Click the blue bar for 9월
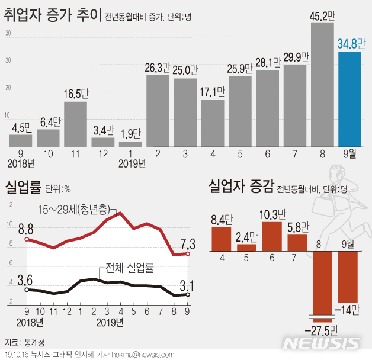(x=349, y=99)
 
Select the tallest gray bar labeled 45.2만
(x=322, y=85)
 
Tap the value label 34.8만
(x=351, y=43)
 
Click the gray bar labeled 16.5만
(x=75, y=124)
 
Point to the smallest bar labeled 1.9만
(x=130, y=144)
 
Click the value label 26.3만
(x=158, y=67)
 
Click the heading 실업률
(x=23, y=189)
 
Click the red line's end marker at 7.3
(x=188, y=254)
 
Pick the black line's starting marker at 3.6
(x=27, y=290)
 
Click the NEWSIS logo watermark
(x=322, y=343)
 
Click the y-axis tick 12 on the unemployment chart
(x=9, y=204)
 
